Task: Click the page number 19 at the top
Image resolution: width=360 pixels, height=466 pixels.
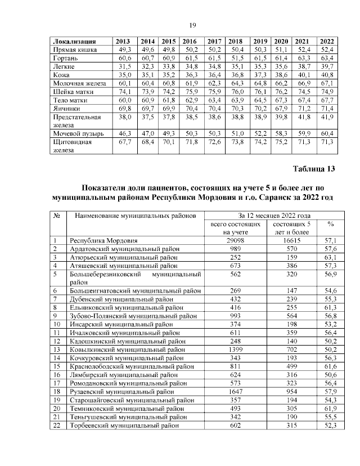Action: (x=191, y=25)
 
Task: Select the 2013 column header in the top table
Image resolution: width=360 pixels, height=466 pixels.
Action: (x=123, y=42)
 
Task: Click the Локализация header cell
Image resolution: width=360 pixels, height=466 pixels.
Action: (x=73, y=42)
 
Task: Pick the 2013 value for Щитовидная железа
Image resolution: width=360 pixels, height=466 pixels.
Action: (x=123, y=142)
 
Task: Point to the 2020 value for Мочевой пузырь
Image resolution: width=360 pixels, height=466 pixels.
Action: (x=281, y=135)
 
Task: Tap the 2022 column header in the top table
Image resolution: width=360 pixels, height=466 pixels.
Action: (x=325, y=42)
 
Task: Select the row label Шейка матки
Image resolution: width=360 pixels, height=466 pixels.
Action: (x=70, y=92)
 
